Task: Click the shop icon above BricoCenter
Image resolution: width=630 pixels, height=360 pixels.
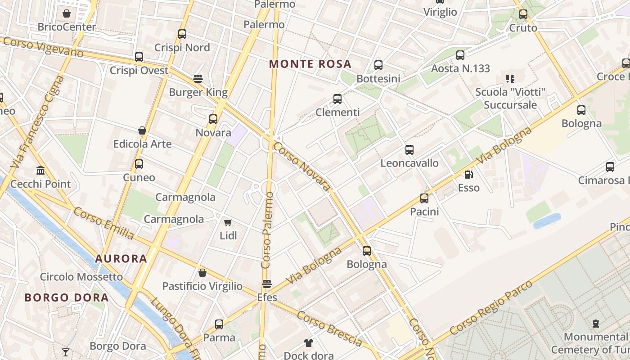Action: [67, 13]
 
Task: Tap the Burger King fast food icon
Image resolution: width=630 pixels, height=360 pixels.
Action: [198, 79]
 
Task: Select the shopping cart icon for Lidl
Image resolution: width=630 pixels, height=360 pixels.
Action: [228, 222]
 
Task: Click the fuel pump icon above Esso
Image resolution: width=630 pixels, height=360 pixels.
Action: [468, 174]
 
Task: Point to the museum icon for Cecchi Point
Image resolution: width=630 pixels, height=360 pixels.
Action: [40, 171]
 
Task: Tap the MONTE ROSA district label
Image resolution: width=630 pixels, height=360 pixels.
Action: [310, 64]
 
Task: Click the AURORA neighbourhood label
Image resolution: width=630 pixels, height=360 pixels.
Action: [121, 259]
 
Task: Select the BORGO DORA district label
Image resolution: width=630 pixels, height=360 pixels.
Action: [67, 297]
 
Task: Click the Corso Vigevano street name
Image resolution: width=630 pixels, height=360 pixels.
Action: [43, 47]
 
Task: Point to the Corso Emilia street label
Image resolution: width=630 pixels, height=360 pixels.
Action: [103, 223]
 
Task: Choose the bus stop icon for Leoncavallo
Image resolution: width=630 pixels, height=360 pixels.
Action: [409, 150]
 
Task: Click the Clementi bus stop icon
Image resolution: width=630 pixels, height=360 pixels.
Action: [337, 99]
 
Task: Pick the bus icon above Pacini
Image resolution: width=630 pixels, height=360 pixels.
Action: [424, 198]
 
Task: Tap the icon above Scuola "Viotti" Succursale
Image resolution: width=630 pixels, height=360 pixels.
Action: [510, 79]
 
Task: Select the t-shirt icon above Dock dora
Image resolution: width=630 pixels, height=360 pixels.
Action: [308, 343]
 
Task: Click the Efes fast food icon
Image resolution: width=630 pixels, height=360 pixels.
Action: [267, 284]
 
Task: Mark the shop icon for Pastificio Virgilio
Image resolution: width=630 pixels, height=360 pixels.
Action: [202, 273]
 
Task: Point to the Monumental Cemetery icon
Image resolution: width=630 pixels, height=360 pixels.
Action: [596, 323]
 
